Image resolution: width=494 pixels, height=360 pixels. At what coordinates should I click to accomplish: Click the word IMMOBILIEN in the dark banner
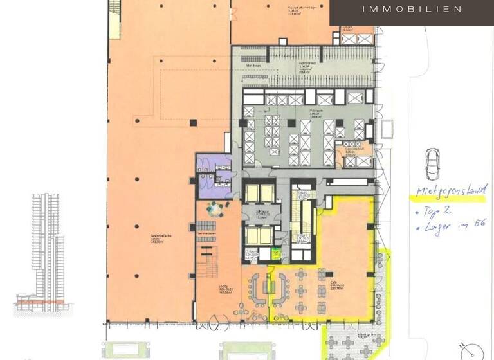click(412, 9)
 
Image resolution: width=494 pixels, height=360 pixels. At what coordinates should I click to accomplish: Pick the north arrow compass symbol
click(474, 350)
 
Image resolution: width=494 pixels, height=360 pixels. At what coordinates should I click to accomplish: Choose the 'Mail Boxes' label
click(253, 64)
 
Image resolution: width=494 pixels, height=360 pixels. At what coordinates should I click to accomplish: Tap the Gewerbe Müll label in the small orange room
click(351, 150)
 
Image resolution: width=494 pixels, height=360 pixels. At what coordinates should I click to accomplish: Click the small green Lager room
click(277, 255)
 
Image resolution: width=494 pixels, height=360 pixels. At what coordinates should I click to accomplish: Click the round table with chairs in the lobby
click(215, 208)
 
